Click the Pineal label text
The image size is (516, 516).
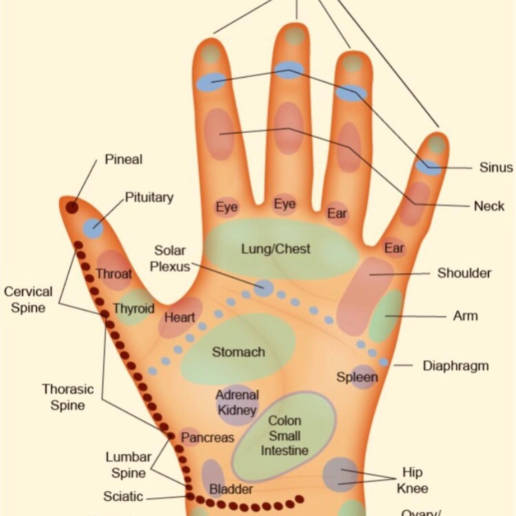click(x=124, y=159)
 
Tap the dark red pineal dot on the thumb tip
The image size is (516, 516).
click(x=72, y=207)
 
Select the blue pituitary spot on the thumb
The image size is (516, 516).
click(x=93, y=228)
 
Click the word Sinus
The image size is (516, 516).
click(x=496, y=168)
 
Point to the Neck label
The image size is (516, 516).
click(x=489, y=206)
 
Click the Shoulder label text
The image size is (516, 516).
click(x=464, y=273)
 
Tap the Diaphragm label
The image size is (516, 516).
click(x=455, y=366)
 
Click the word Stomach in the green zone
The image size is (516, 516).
click(x=238, y=352)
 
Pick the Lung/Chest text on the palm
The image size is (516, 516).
click(x=276, y=249)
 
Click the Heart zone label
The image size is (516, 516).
click(x=180, y=317)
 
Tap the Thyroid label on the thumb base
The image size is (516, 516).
click(x=134, y=308)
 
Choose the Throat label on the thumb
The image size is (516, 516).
click(x=114, y=274)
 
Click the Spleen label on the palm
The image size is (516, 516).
click(x=357, y=377)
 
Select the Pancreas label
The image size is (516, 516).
click(x=207, y=437)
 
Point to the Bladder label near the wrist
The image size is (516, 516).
click(x=231, y=489)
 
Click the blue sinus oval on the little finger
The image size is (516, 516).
click(x=428, y=167)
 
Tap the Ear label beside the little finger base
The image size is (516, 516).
click(x=394, y=248)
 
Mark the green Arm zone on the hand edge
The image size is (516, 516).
click(x=386, y=315)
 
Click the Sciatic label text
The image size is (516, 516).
click(x=123, y=496)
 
